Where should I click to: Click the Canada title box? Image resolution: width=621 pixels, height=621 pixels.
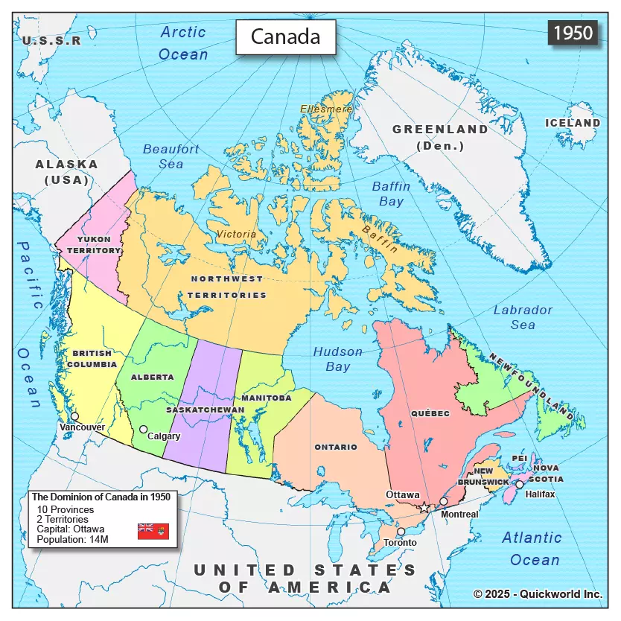point(285,36)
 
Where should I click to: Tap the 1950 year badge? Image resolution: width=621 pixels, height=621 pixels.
point(573,33)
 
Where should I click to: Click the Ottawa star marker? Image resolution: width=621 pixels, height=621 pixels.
point(424,507)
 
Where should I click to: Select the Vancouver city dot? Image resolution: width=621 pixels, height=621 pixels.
point(74,416)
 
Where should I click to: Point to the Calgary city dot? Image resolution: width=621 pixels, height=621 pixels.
point(143,429)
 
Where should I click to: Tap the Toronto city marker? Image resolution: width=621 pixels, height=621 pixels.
point(401,532)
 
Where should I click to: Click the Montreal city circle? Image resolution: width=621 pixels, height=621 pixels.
point(444,501)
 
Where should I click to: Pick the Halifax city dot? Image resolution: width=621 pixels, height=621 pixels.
point(520,484)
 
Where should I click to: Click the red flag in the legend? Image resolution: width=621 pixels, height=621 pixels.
point(153,531)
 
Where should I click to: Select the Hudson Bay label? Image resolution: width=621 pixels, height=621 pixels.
point(337,359)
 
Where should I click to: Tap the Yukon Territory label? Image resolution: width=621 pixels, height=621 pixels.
point(94,245)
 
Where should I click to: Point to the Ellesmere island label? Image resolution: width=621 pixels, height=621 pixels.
point(326,109)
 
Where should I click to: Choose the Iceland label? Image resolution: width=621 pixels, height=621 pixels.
point(573,123)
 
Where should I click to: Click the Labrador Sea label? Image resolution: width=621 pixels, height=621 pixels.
point(523,317)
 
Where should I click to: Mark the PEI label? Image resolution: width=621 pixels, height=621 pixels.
point(519,458)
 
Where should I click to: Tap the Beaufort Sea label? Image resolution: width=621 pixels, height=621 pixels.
point(171,156)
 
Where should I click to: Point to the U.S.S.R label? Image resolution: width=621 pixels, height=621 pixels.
point(51,41)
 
